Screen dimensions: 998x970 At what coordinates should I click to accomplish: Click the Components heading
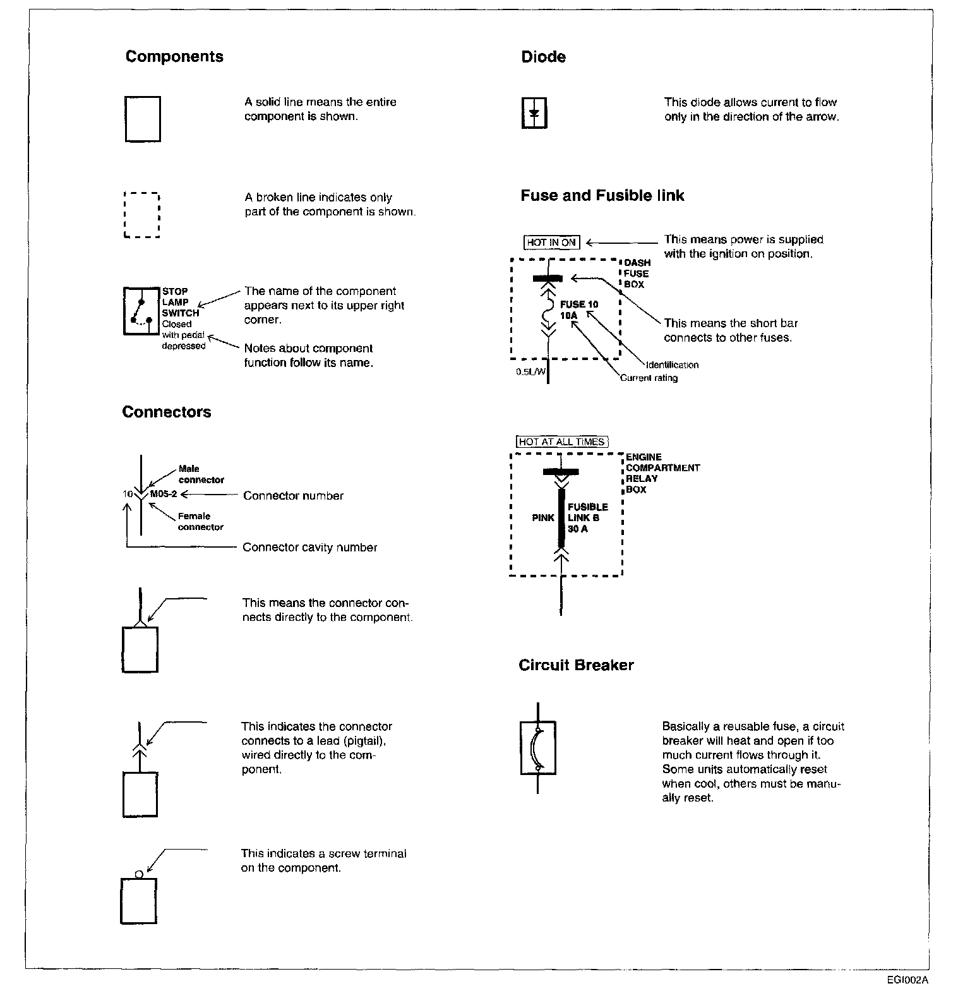click(x=174, y=57)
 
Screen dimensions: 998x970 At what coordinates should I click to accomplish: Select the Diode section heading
click(x=543, y=57)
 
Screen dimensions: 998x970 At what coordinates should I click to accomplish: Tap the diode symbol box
click(x=534, y=114)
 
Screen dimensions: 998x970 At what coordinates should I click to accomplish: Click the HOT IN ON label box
click(x=551, y=243)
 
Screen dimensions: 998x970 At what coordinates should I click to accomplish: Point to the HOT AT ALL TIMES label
click(x=562, y=442)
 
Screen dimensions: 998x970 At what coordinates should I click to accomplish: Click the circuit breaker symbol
click(x=537, y=748)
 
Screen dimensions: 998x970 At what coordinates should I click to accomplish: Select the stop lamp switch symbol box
click(x=141, y=311)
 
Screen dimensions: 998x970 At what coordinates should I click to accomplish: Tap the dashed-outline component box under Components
click(x=142, y=215)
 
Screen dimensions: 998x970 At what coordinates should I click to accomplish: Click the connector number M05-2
click(x=164, y=495)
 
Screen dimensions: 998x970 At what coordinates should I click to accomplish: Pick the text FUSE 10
click(x=579, y=304)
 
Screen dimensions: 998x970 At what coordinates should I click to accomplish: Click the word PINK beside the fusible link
click(x=543, y=518)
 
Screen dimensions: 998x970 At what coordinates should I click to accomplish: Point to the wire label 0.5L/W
click(x=530, y=372)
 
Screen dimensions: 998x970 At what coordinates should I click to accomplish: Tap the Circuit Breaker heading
click(x=576, y=665)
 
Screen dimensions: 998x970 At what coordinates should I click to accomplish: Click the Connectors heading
click(x=167, y=412)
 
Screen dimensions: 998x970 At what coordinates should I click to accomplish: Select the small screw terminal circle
click(x=139, y=875)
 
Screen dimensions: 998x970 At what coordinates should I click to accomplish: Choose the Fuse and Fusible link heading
click(x=602, y=196)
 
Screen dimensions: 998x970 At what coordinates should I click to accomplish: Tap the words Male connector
click(x=200, y=474)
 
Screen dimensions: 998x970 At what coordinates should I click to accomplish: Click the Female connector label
click(x=200, y=522)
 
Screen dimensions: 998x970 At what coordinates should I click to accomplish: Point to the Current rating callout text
click(x=649, y=378)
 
